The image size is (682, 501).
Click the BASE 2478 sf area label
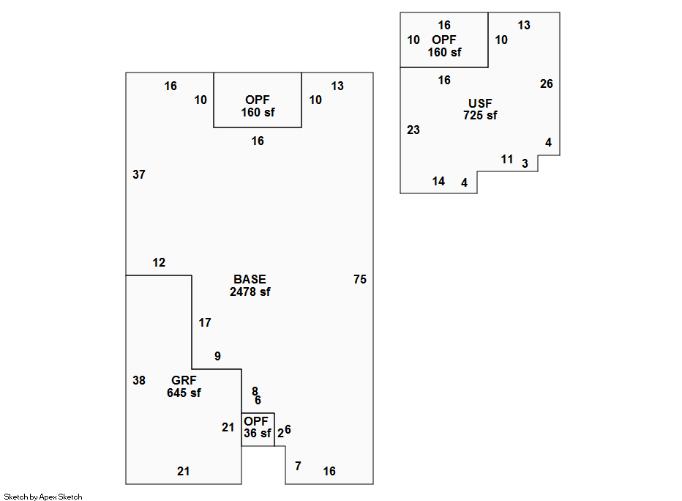250,286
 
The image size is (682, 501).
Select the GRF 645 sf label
184,387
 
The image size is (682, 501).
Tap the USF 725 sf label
480,109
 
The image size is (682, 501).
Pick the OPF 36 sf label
257,427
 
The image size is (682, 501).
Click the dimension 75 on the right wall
360,280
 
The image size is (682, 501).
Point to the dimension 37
139,174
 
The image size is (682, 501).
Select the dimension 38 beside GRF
139,380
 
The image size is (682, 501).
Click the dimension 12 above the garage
159,262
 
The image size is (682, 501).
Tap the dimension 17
205,322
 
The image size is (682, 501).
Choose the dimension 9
217,356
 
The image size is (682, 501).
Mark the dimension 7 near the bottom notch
298,466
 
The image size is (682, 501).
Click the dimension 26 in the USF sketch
547,83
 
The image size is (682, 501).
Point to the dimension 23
413,130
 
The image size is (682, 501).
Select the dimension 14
438,181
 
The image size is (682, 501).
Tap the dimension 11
506,160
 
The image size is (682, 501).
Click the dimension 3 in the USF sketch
525,163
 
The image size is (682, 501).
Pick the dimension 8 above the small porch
255,391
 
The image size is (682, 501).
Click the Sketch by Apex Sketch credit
43,497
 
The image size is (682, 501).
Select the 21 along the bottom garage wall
183,471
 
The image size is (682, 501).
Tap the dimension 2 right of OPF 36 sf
280,433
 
